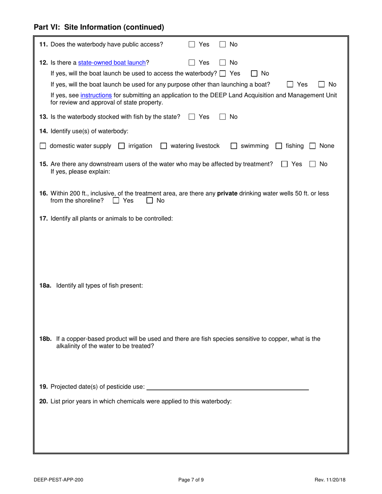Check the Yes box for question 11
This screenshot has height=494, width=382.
pyautogui.click(x=192, y=45)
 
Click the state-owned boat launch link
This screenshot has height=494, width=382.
pyautogui.click(x=112, y=63)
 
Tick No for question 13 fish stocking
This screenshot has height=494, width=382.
pyautogui.click(x=222, y=117)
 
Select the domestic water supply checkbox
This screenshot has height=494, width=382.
pyautogui.click(x=43, y=146)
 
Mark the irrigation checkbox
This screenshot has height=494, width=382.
pyautogui.click(x=121, y=146)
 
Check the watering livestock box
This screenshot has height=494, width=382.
pyautogui.click(x=164, y=146)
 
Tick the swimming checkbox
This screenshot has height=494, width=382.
pyautogui.click(x=234, y=146)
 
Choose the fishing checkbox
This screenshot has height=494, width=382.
pyautogui.click(x=279, y=146)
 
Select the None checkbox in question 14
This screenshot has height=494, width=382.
pyautogui.click(x=312, y=146)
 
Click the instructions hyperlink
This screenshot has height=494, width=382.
pyautogui.click(x=96, y=95)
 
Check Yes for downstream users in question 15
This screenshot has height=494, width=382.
pyautogui.click(x=285, y=164)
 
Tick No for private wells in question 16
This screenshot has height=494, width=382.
pyautogui.click(x=150, y=200)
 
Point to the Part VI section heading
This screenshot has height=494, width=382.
pyautogui.click(x=99, y=27)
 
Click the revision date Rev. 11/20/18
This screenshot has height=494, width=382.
pyautogui.click(x=331, y=479)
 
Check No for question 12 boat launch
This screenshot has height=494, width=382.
pyautogui.click(x=222, y=63)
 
